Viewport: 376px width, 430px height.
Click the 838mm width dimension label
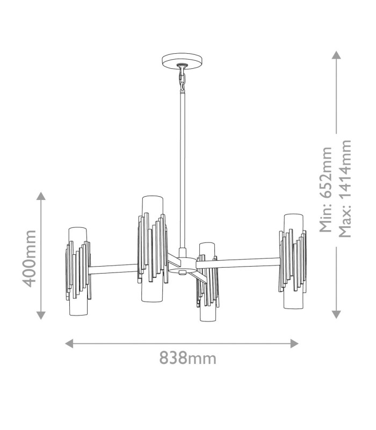(x=187, y=358)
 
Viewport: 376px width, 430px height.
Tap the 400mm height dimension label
(x=29, y=259)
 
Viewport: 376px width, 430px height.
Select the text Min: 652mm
(x=326, y=190)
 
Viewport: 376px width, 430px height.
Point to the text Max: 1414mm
(x=345, y=189)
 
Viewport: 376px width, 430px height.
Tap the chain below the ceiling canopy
(x=182, y=78)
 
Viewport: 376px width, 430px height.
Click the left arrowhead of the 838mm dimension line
(x=69, y=343)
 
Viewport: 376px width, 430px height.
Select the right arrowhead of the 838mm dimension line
(x=294, y=343)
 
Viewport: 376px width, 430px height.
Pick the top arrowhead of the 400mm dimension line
(x=41, y=196)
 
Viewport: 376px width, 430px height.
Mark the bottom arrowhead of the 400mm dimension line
(x=41, y=316)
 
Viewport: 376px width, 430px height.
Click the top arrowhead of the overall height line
(x=336, y=55)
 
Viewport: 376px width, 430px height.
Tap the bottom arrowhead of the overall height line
(x=336, y=314)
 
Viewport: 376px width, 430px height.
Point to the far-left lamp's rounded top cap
(x=78, y=230)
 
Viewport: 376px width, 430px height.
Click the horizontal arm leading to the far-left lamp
(x=113, y=269)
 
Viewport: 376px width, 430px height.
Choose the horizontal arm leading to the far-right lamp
(x=238, y=263)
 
